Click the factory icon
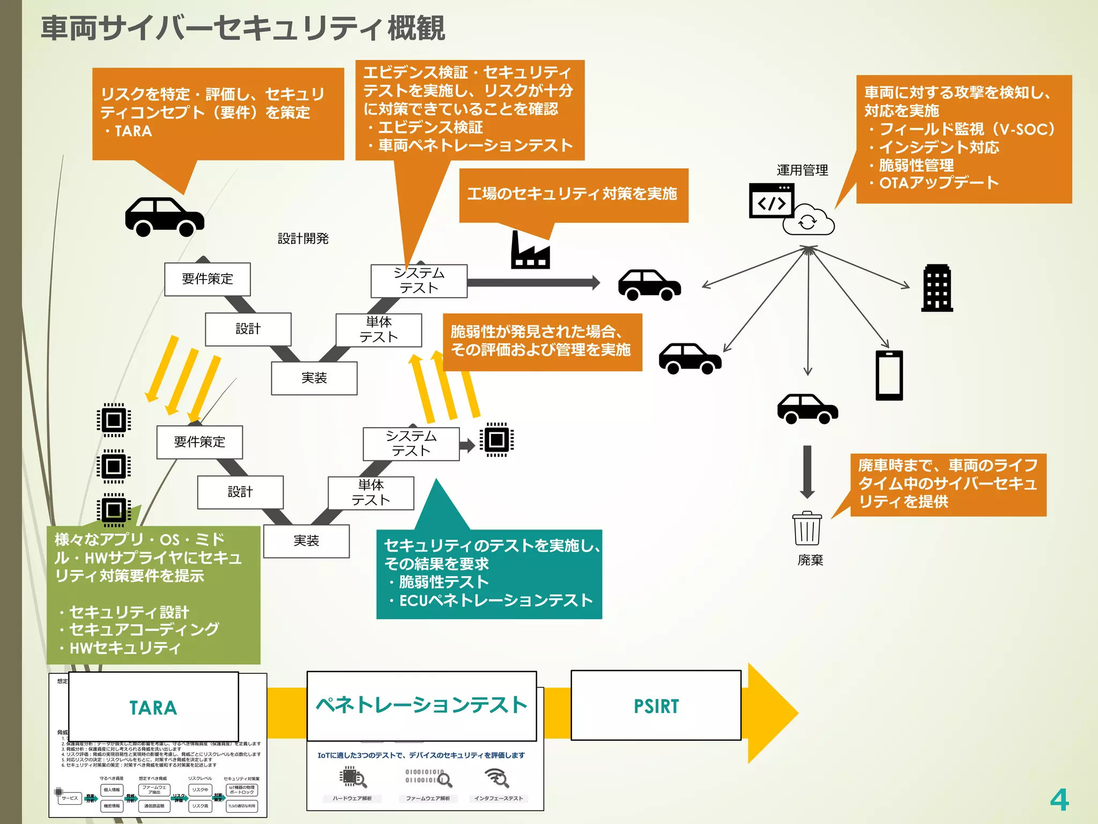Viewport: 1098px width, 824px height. coord(530,251)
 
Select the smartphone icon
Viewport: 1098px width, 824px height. coord(889,376)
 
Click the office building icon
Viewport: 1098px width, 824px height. coord(937,288)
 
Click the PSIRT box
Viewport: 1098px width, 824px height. coord(656,705)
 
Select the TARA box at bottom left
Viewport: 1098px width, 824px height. coord(153,707)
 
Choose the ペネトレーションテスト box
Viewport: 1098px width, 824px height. coord(421,705)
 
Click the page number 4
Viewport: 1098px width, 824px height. coord(1059,800)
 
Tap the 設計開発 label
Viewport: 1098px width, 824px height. coord(303,238)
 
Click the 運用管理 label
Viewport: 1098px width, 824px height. coord(802,170)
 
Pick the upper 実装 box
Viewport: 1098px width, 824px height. coord(314,378)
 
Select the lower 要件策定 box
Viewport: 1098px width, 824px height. coord(199,442)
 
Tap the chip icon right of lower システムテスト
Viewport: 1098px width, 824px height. coord(496,440)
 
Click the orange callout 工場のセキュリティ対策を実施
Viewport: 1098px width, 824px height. coord(573,194)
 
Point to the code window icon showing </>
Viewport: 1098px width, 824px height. coord(771,201)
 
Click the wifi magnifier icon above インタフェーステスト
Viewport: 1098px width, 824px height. coord(497,777)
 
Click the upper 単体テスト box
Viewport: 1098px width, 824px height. coord(379,330)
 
